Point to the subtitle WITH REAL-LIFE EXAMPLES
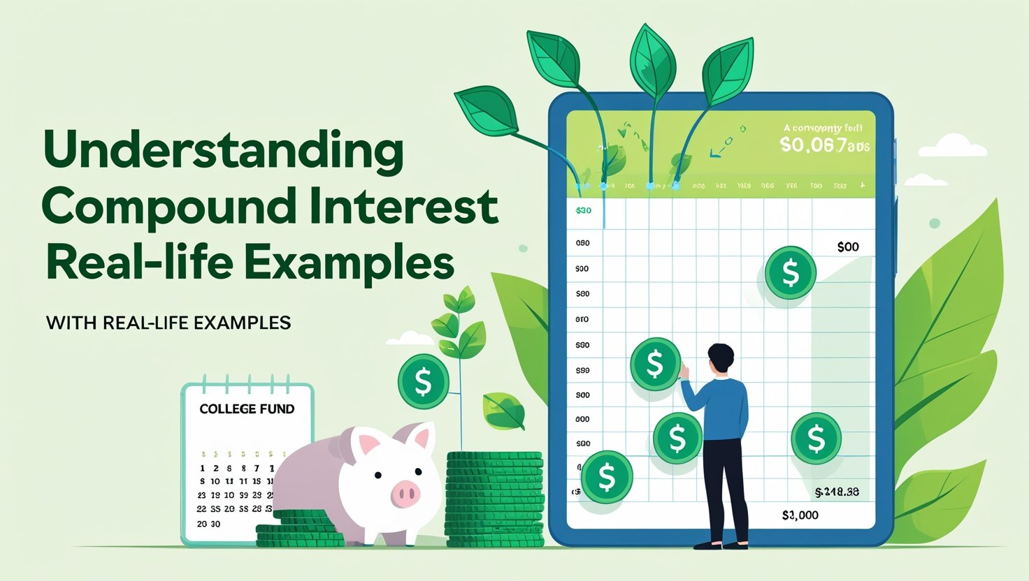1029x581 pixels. [x=168, y=323]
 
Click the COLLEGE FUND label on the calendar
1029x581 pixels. [x=247, y=409]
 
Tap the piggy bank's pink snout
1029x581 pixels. [x=405, y=494]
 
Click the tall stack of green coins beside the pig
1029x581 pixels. [x=495, y=499]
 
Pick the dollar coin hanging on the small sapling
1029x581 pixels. [x=423, y=381]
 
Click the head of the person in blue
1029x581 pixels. [x=720, y=358]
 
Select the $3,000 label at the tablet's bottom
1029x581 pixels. [x=800, y=515]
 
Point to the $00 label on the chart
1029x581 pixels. [x=847, y=247]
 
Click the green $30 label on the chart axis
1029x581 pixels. [x=583, y=210]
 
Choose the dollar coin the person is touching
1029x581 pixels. [x=655, y=363]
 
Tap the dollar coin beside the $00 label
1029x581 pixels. [x=790, y=272]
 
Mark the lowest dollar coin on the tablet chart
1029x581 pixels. [x=606, y=477]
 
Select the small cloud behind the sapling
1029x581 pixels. [x=410, y=339]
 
